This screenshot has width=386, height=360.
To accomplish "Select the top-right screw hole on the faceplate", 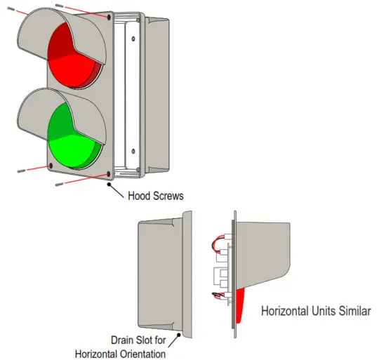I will (x=109, y=15).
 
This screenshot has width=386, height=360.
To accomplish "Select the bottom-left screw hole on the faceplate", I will (x=50, y=166).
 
